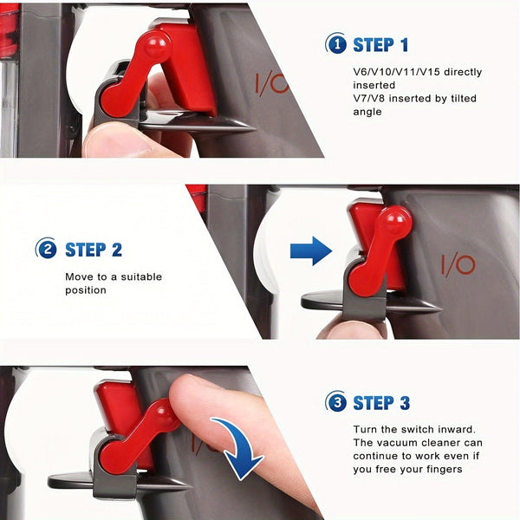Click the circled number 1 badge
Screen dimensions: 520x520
(x=335, y=44)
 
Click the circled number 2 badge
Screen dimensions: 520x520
(x=46, y=250)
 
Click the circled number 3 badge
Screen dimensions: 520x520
(x=335, y=402)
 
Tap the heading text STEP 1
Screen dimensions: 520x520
(x=381, y=44)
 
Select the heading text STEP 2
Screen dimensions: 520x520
(x=94, y=250)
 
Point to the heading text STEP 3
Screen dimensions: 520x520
(x=381, y=402)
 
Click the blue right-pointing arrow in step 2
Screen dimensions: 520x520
(x=310, y=251)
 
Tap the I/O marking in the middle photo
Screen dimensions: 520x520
(x=459, y=264)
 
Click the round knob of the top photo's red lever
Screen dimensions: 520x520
(x=156, y=47)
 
